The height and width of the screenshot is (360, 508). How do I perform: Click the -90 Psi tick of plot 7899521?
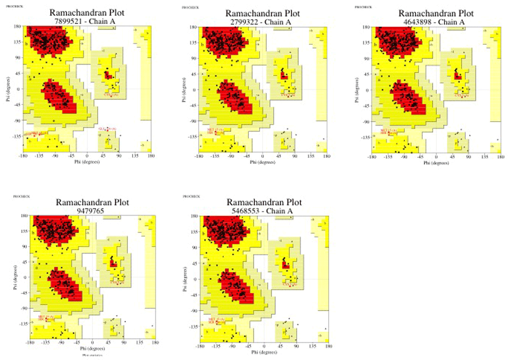[17, 121]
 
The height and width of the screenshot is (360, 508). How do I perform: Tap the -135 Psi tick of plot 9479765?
[22, 326]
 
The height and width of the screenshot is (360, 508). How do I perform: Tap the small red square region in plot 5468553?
[286, 265]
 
